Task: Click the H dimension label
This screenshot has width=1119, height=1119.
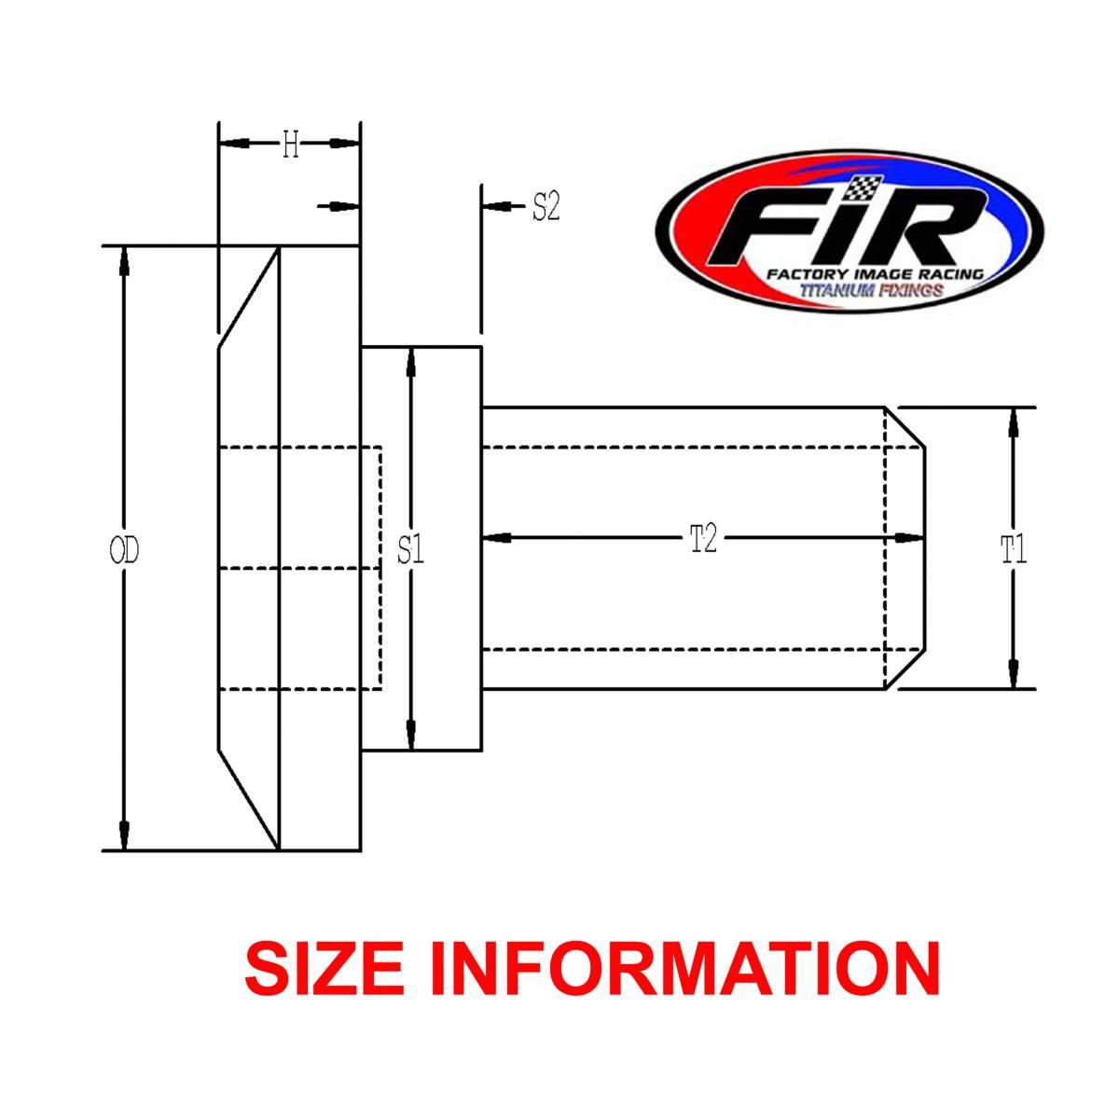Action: pos(290,145)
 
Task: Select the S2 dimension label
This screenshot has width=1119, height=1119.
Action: pos(546,207)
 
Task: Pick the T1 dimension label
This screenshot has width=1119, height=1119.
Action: pos(1014,551)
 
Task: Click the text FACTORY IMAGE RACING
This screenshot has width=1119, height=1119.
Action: pos(874,275)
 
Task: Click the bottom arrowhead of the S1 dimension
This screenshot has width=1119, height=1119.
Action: pos(410,734)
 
